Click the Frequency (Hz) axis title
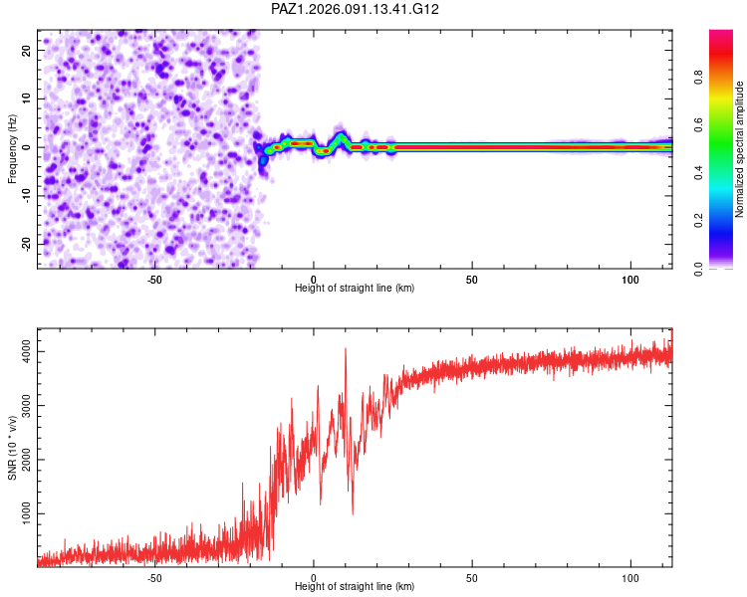[x=12, y=148]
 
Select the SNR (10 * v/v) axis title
[x=12, y=447]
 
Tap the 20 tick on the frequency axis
[x=27, y=49]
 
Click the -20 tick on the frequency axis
[x=25, y=244]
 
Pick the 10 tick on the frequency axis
[x=27, y=98]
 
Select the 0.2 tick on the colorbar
[x=727, y=221]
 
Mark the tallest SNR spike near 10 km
[x=346, y=349]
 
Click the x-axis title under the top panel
[x=355, y=289]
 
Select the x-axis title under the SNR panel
[x=355, y=587]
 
